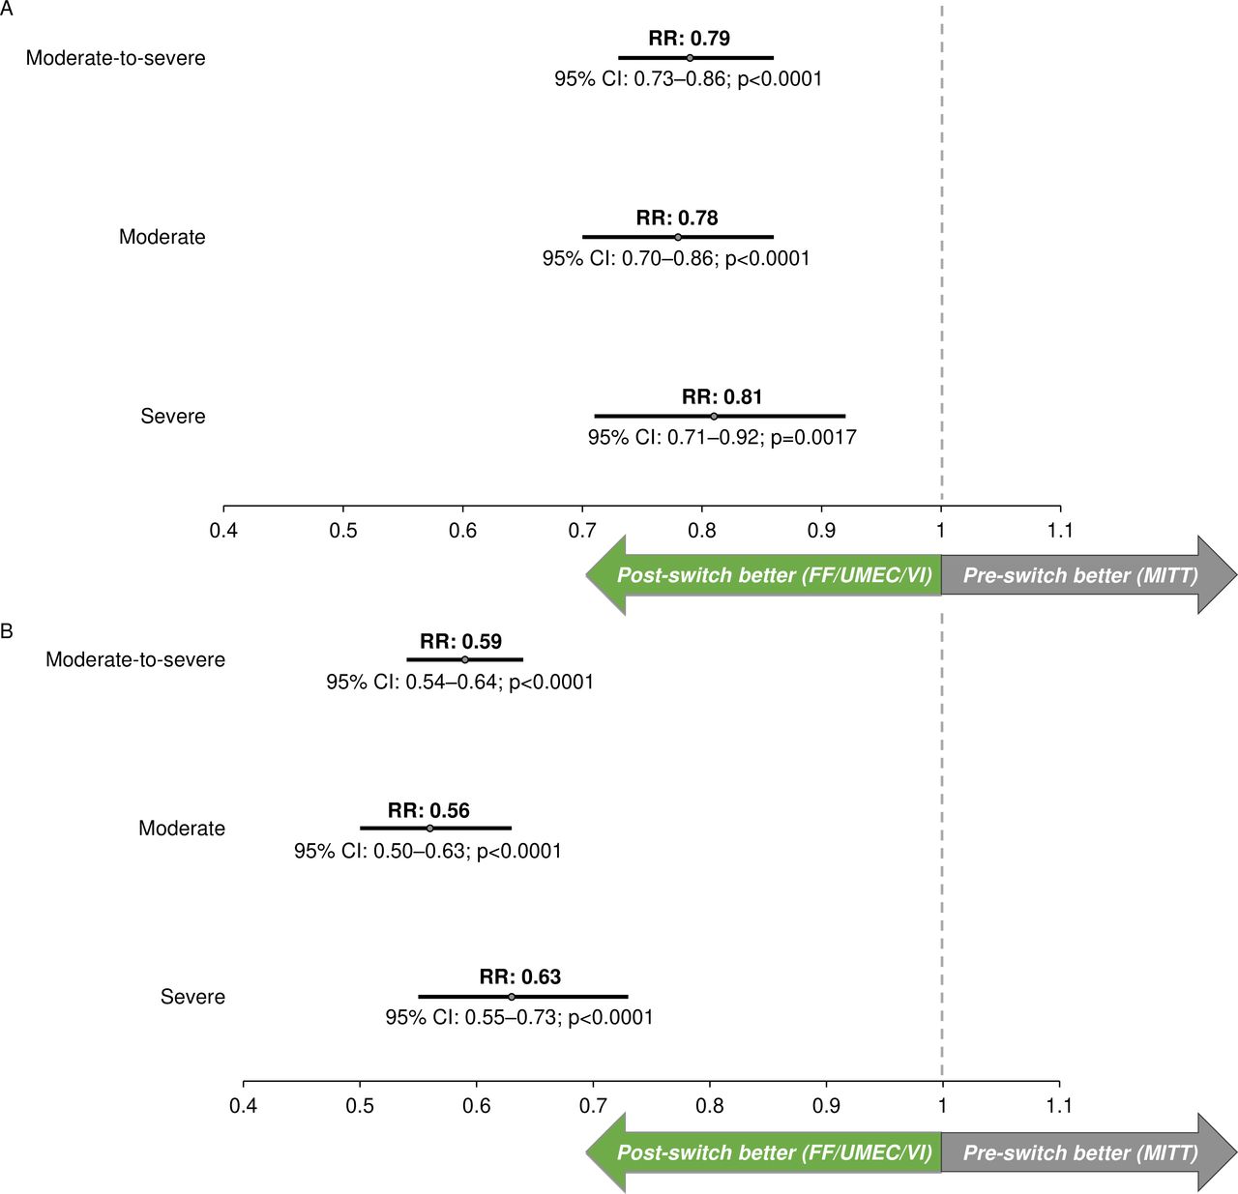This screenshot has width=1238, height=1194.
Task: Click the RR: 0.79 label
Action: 689,39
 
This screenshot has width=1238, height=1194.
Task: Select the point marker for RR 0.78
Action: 678,237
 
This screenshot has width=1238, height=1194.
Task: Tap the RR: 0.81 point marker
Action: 714,417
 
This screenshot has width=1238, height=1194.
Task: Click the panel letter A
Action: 7,7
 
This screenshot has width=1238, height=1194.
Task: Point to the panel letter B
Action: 7,631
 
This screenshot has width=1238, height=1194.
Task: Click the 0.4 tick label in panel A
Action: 223,531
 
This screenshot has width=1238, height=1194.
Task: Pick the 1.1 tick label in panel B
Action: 1059,1106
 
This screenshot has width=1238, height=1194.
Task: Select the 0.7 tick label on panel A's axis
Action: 582,531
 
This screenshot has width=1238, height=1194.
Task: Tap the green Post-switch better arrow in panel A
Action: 764,575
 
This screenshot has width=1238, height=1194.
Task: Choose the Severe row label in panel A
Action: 173,417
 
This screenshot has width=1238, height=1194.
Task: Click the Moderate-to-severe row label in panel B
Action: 135,659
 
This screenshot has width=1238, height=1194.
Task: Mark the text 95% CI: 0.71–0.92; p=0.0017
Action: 722,438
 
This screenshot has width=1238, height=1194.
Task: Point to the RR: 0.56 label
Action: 428,811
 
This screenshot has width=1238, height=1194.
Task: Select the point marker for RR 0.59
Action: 465,659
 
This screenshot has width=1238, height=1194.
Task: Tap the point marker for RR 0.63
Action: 512,997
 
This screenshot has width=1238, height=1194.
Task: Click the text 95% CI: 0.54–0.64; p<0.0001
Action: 459,683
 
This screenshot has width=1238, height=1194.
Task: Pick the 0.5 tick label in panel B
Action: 360,1106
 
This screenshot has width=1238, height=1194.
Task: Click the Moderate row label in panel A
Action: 162,237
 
